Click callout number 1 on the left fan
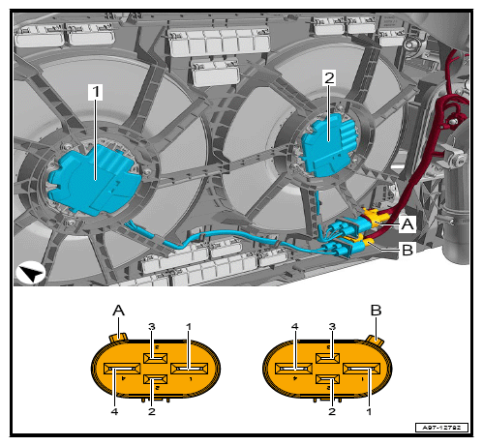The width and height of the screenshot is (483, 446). point(96,92)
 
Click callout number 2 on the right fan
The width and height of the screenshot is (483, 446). point(329,78)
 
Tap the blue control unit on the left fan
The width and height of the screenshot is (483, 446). point(94,179)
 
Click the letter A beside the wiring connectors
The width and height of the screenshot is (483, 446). point(408,223)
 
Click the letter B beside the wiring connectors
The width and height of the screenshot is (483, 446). point(408,250)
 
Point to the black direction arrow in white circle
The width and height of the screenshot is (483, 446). point(31,273)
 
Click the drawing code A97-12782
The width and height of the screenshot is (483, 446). point(441,428)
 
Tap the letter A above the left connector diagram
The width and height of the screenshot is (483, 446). point(118,311)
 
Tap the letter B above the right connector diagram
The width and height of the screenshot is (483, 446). point(376,311)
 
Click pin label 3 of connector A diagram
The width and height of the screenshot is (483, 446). point(152,327)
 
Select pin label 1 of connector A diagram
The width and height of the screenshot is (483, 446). point(189,327)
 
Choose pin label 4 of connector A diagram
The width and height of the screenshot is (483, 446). point(114,411)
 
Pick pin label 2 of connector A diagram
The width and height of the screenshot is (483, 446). point(152,411)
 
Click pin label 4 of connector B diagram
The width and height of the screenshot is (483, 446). point(294,327)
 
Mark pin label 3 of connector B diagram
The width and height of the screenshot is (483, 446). point(332,327)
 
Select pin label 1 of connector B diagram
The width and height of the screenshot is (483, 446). point(369,411)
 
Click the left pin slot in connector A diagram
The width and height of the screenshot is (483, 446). point(122,369)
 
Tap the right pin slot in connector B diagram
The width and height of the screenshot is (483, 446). point(361,369)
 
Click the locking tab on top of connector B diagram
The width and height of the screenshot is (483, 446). point(375,341)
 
